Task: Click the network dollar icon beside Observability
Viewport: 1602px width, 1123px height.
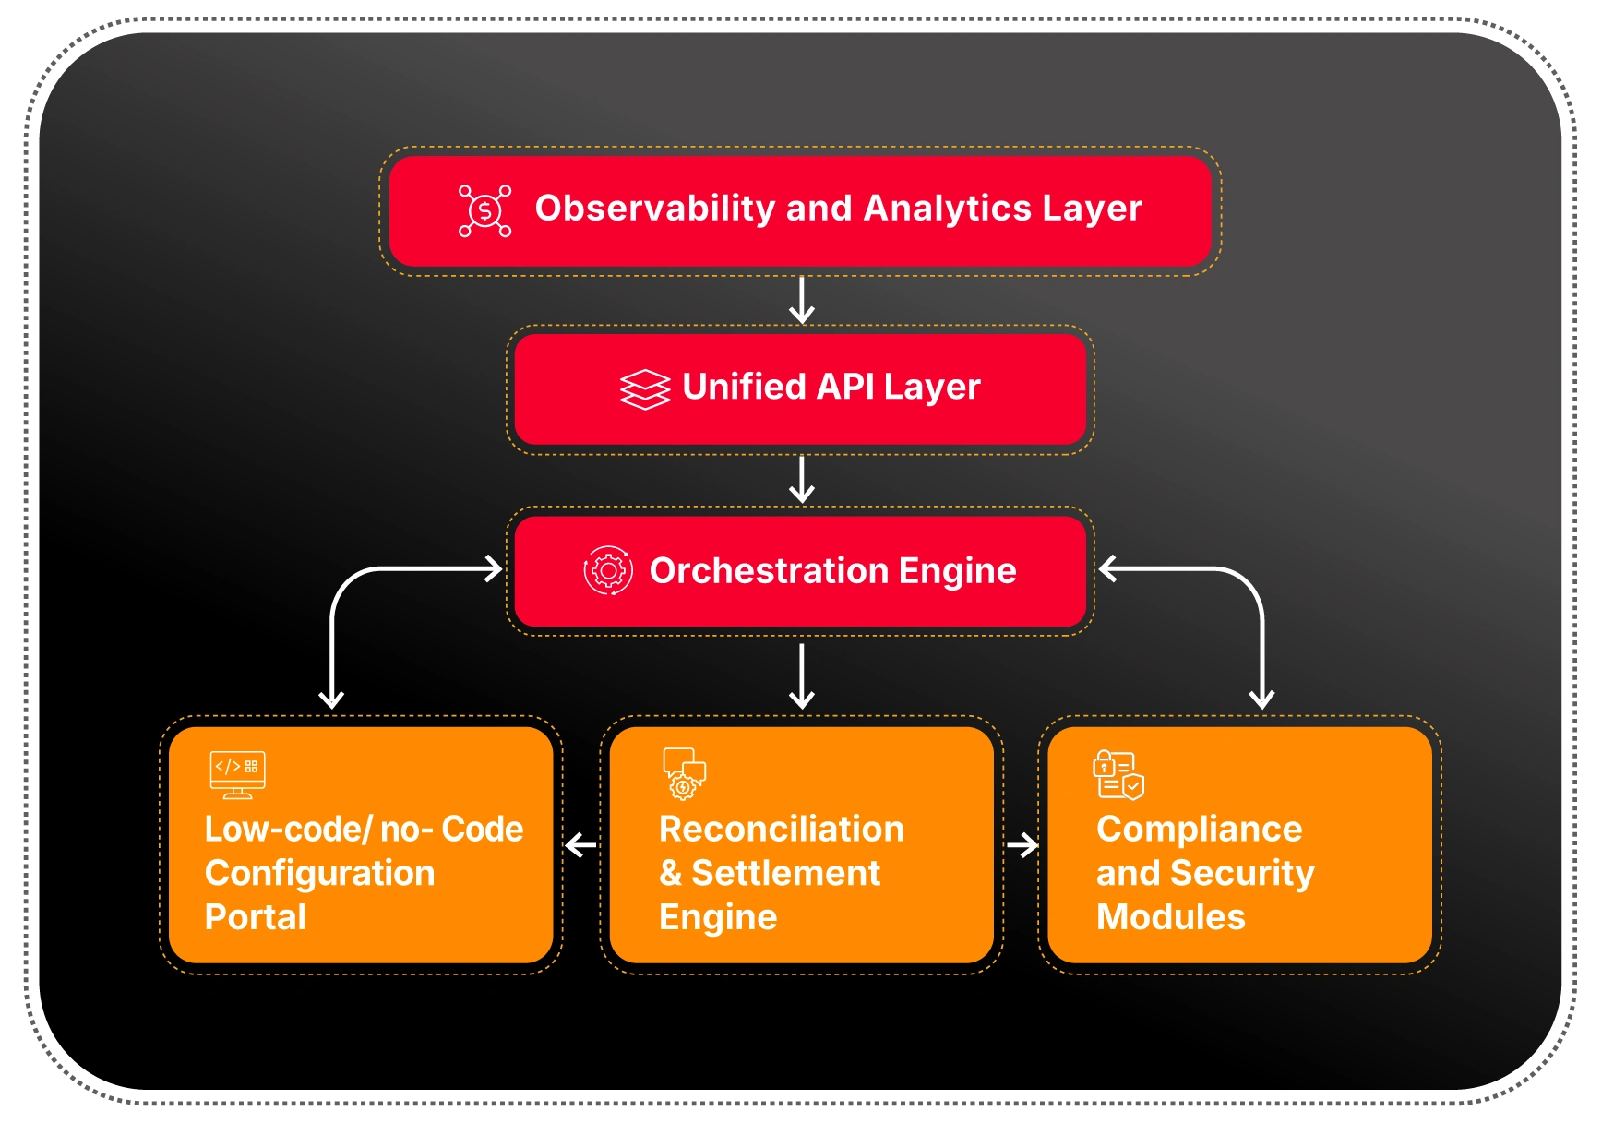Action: (x=484, y=210)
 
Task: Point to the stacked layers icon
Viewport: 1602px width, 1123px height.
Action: (x=645, y=388)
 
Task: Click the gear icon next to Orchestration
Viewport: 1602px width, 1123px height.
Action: (x=608, y=571)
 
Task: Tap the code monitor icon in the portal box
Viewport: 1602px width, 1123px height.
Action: (x=237, y=774)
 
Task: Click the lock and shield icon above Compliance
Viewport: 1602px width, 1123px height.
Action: (x=1118, y=774)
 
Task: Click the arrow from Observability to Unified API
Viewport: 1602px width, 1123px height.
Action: (x=802, y=300)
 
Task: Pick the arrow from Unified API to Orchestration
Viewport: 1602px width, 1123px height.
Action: (x=802, y=479)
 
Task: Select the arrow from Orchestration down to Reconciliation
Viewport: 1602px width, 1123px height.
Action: (x=802, y=676)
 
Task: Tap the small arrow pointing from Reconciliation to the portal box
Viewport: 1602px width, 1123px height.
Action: (x=580, y=844)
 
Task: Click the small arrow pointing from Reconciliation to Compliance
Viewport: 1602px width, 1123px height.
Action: (x=1022, y=844)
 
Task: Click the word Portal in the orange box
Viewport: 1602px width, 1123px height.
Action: (x=256, y=917)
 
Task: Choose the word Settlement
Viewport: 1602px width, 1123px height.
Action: (x=786, y=873)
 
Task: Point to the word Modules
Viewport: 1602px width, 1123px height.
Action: (x=1170, y=917)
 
